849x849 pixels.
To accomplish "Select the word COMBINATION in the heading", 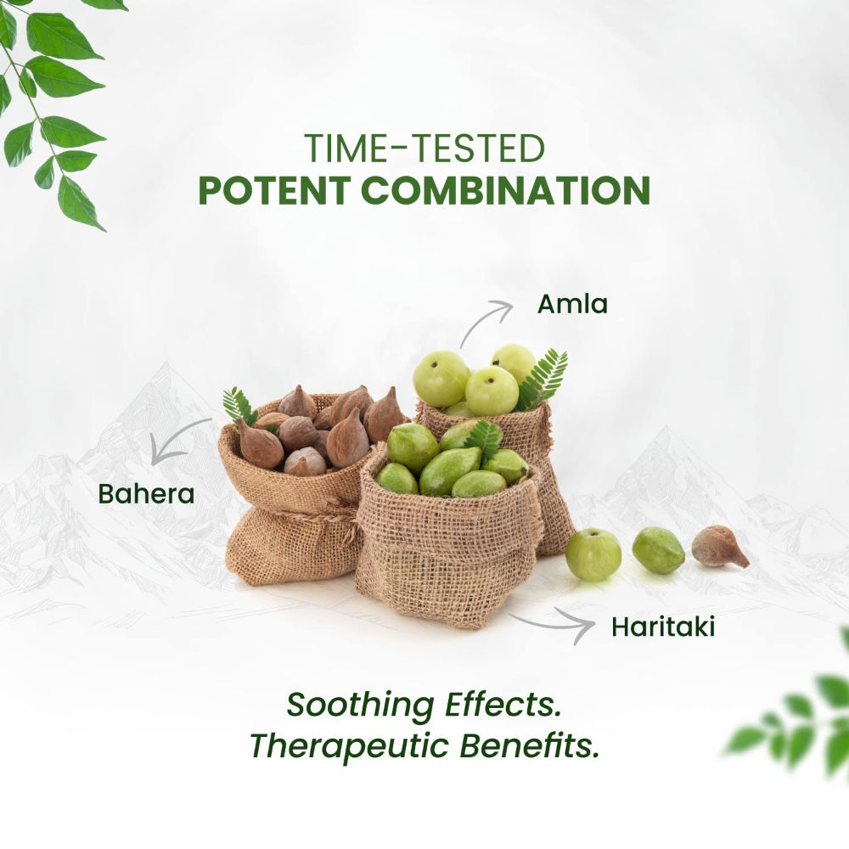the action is tap(505, 190).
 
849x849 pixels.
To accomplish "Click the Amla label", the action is tap(572, 304).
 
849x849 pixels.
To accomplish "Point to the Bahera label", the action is tap(146, 493).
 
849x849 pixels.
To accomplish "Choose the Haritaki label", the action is tap(663, 627).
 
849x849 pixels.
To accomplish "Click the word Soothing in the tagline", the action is tap(360, 706).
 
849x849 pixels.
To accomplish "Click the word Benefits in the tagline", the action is tap(530, 745).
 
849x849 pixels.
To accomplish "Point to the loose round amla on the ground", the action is tap(593, 555).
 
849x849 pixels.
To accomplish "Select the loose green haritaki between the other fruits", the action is tap(659, 550).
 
